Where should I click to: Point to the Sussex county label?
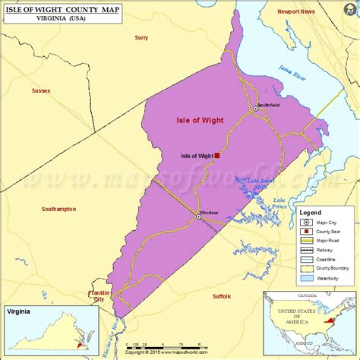(41, 90)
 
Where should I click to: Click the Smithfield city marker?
(256, 109)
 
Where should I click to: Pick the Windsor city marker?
(199, 216)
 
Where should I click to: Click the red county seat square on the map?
(217, 155)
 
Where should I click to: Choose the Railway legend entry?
(328, 248)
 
